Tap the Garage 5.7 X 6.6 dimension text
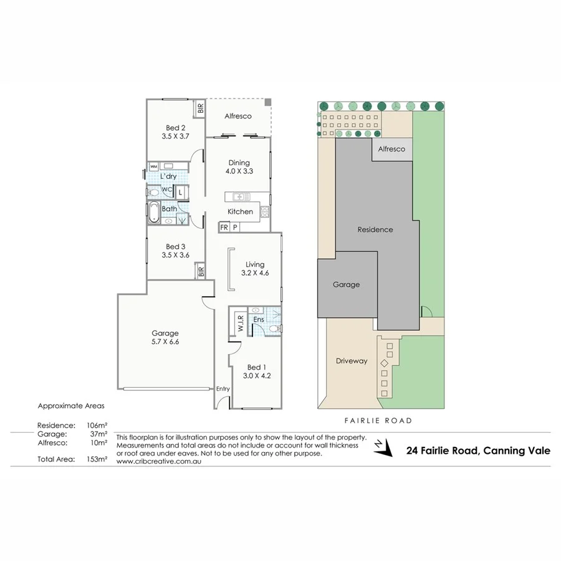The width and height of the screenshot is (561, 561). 165,342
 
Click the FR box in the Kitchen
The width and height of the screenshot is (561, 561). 224,228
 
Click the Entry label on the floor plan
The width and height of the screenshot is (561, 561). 223,389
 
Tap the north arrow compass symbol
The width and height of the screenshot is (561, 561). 381,447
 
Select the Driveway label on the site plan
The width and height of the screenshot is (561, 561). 352,361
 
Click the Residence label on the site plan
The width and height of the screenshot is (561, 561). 375,229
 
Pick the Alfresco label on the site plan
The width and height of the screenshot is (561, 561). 391,149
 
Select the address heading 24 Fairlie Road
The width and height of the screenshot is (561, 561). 478,451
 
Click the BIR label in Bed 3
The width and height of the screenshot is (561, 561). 201,272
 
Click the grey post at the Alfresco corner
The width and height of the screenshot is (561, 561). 267,102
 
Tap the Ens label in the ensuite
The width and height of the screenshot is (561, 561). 259,320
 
